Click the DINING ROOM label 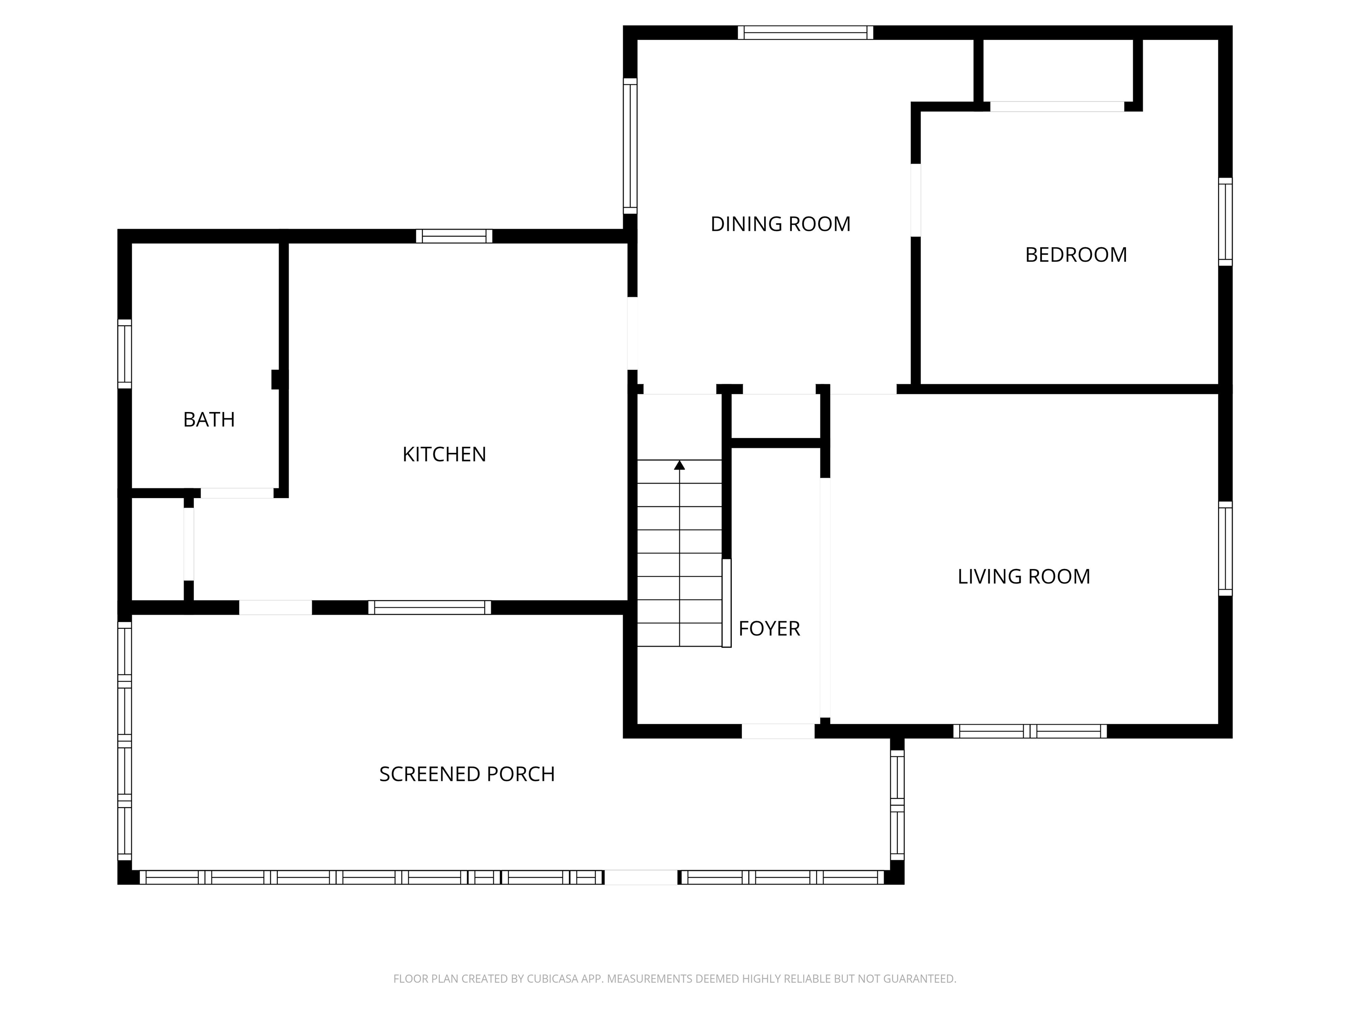[780, 224]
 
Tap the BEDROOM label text [1076, 255]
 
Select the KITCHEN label [444, 454]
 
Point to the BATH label [209, 419]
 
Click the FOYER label [769, 628]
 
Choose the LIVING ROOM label [1023, 576]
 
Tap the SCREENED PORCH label [467, 774]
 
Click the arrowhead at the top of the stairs [679, 465]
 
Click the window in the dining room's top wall [805, 33]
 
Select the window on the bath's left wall [124, 353]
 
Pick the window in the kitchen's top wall [454, 236]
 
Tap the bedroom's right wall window [1225, 222]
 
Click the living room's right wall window [1225, 548]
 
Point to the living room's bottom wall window [1030, 731]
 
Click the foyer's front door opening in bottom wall [778, 731]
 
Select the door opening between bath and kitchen [237, 493]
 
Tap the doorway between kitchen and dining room [632, 333]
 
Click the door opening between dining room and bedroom [915, 200]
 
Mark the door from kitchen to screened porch [275, 608]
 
